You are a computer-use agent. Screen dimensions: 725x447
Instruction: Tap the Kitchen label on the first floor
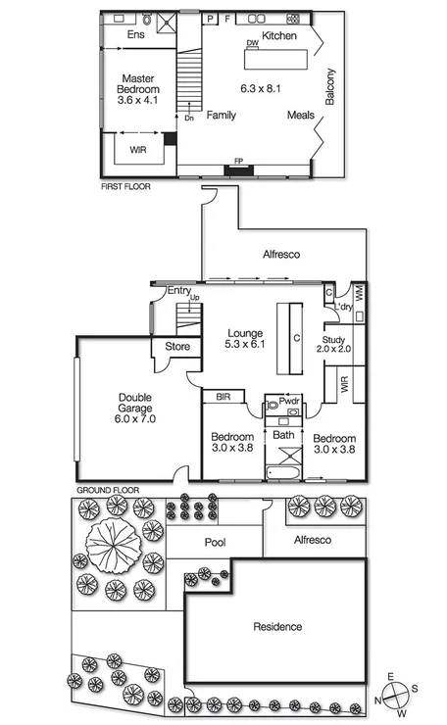click(x=278, y=36)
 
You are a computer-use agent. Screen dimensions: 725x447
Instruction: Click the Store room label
click(x=176, y=346)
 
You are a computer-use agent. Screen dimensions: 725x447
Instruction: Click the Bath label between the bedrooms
click(x=283, y=434)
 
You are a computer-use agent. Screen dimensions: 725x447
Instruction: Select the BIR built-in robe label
click(x=223, y=398)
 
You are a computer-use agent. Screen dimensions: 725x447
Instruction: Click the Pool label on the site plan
click(x=215, y=542)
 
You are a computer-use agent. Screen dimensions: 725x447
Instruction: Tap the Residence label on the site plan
click(x=276, y=626)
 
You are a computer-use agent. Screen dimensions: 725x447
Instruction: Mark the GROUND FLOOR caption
click(x=108, y=489)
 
